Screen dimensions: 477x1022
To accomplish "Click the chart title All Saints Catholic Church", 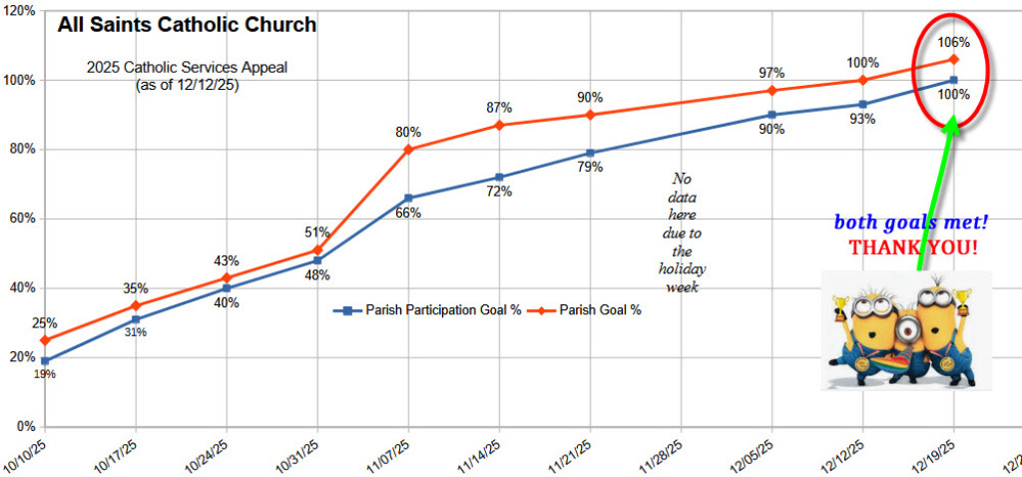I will [187, 25].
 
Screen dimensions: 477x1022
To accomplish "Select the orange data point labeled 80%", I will [408, 149].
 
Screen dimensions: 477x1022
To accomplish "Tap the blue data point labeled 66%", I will [408, 198].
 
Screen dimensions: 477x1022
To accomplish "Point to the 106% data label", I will [954, 42].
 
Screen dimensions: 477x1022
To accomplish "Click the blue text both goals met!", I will [911, 223].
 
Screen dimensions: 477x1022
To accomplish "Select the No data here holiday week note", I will [682, 233].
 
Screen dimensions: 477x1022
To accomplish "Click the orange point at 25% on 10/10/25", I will [44, 340].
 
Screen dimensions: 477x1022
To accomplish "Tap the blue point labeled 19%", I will [44, 360].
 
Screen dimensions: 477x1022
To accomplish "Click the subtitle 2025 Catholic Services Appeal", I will [187, 69].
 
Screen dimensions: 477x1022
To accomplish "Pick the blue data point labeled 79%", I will [590, 153].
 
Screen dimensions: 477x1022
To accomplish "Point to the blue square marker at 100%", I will [954, 80].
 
